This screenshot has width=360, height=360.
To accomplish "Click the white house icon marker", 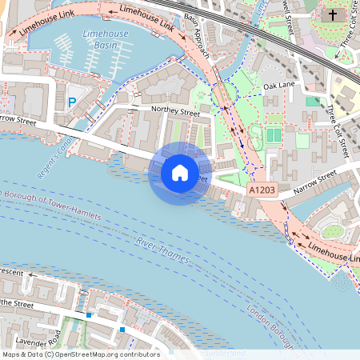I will point(180,172).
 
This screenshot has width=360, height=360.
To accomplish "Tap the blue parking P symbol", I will point(72,102).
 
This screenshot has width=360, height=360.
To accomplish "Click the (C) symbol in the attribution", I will point(50,354).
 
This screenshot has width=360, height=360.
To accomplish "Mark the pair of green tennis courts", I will point(274,135).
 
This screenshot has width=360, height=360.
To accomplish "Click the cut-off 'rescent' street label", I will point(12,272).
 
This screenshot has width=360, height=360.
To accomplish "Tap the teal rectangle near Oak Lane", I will point(312,101).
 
